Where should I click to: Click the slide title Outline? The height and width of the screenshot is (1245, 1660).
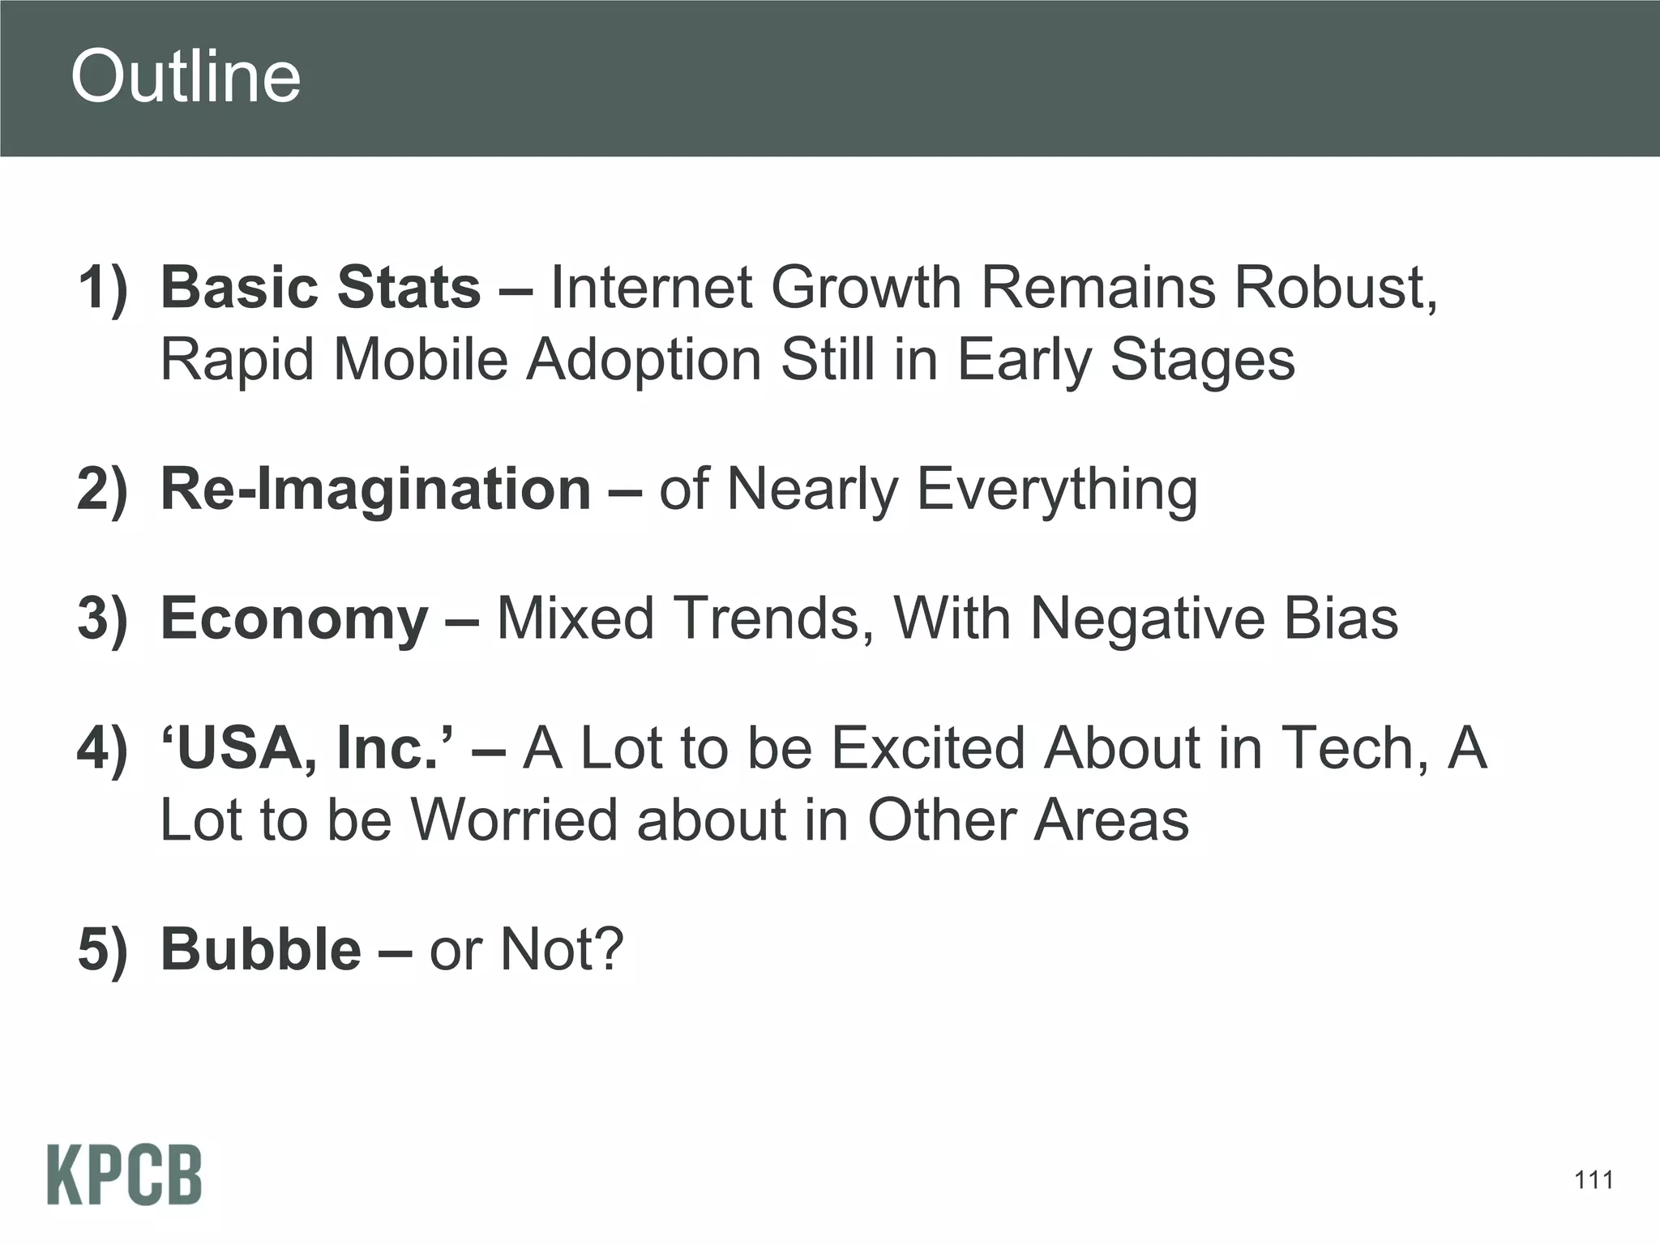[x=186, y=77]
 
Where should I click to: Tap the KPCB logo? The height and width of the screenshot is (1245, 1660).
[x=124, y=1174]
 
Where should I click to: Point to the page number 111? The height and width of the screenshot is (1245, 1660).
[x=1594, y=1180]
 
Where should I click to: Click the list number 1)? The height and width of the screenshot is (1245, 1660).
[x=103, y=288]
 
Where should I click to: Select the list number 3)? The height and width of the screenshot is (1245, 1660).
[x=103, y=618]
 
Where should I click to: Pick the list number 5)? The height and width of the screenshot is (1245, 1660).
[x=103, y=949]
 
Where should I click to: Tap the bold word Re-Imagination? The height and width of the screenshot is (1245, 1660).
[x=376, y=490]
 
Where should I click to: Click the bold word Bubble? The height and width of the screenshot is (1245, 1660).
[x=261, y=949]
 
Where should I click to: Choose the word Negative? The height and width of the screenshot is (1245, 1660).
[x=1147, y=618]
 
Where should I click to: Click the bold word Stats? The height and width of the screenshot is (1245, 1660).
[x=409, y=288]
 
